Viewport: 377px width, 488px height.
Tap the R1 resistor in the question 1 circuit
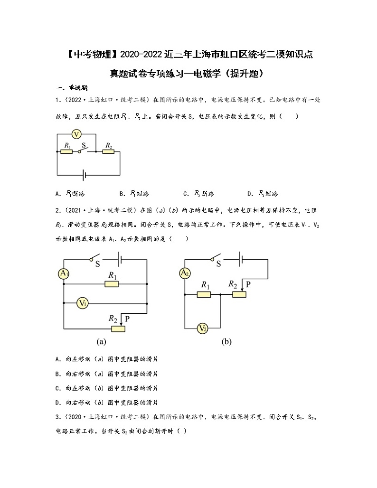pyautogui.click(x=66, y=152)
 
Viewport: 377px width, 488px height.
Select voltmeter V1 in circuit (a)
pyautogui.click(x=83, y=302)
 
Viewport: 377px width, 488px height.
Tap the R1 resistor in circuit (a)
pyautogui.click(x=112, y=284)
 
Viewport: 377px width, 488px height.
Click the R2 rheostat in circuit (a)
pyautogui.click(x=117, y=328)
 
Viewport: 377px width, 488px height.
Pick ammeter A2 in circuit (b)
pyautogui.click(x=185, y=273)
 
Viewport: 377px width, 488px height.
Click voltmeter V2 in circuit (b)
pyautogui.click(x=203, y=328)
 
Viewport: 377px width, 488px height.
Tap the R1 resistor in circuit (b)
pyautogui.click(x=204, y=294)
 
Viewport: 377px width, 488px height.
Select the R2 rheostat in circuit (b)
pyautogui.click(x=239, y=294)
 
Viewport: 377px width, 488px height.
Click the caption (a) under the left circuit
pyautogui.click(x=101, y=341)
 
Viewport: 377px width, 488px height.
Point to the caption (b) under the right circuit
pyautogui.click(x=226, y=341)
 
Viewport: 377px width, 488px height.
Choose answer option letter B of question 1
pyautogui.click(x=122, y=194)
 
